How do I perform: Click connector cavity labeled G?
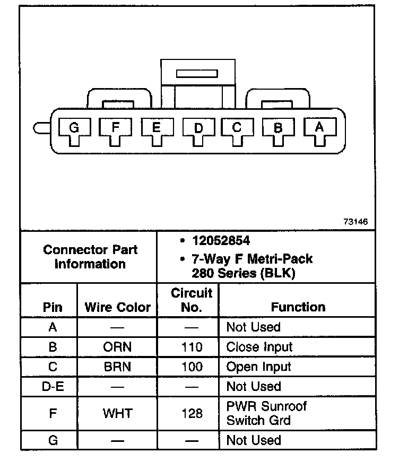74,127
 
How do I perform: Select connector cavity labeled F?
116,127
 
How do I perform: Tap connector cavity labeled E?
156,127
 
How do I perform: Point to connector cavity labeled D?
197,128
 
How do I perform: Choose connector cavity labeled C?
237,127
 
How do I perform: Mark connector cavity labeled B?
277,127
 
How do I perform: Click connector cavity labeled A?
319,127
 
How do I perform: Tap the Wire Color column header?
117,307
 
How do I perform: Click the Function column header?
298,307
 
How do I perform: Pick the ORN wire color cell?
117,347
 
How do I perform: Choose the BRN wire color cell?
117,367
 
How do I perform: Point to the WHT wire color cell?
117,413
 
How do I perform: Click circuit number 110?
191,347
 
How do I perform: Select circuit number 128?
191,413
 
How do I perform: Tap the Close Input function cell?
259,347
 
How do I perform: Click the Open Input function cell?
258,367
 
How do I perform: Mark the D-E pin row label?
52,386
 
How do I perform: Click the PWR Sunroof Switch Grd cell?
266,413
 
